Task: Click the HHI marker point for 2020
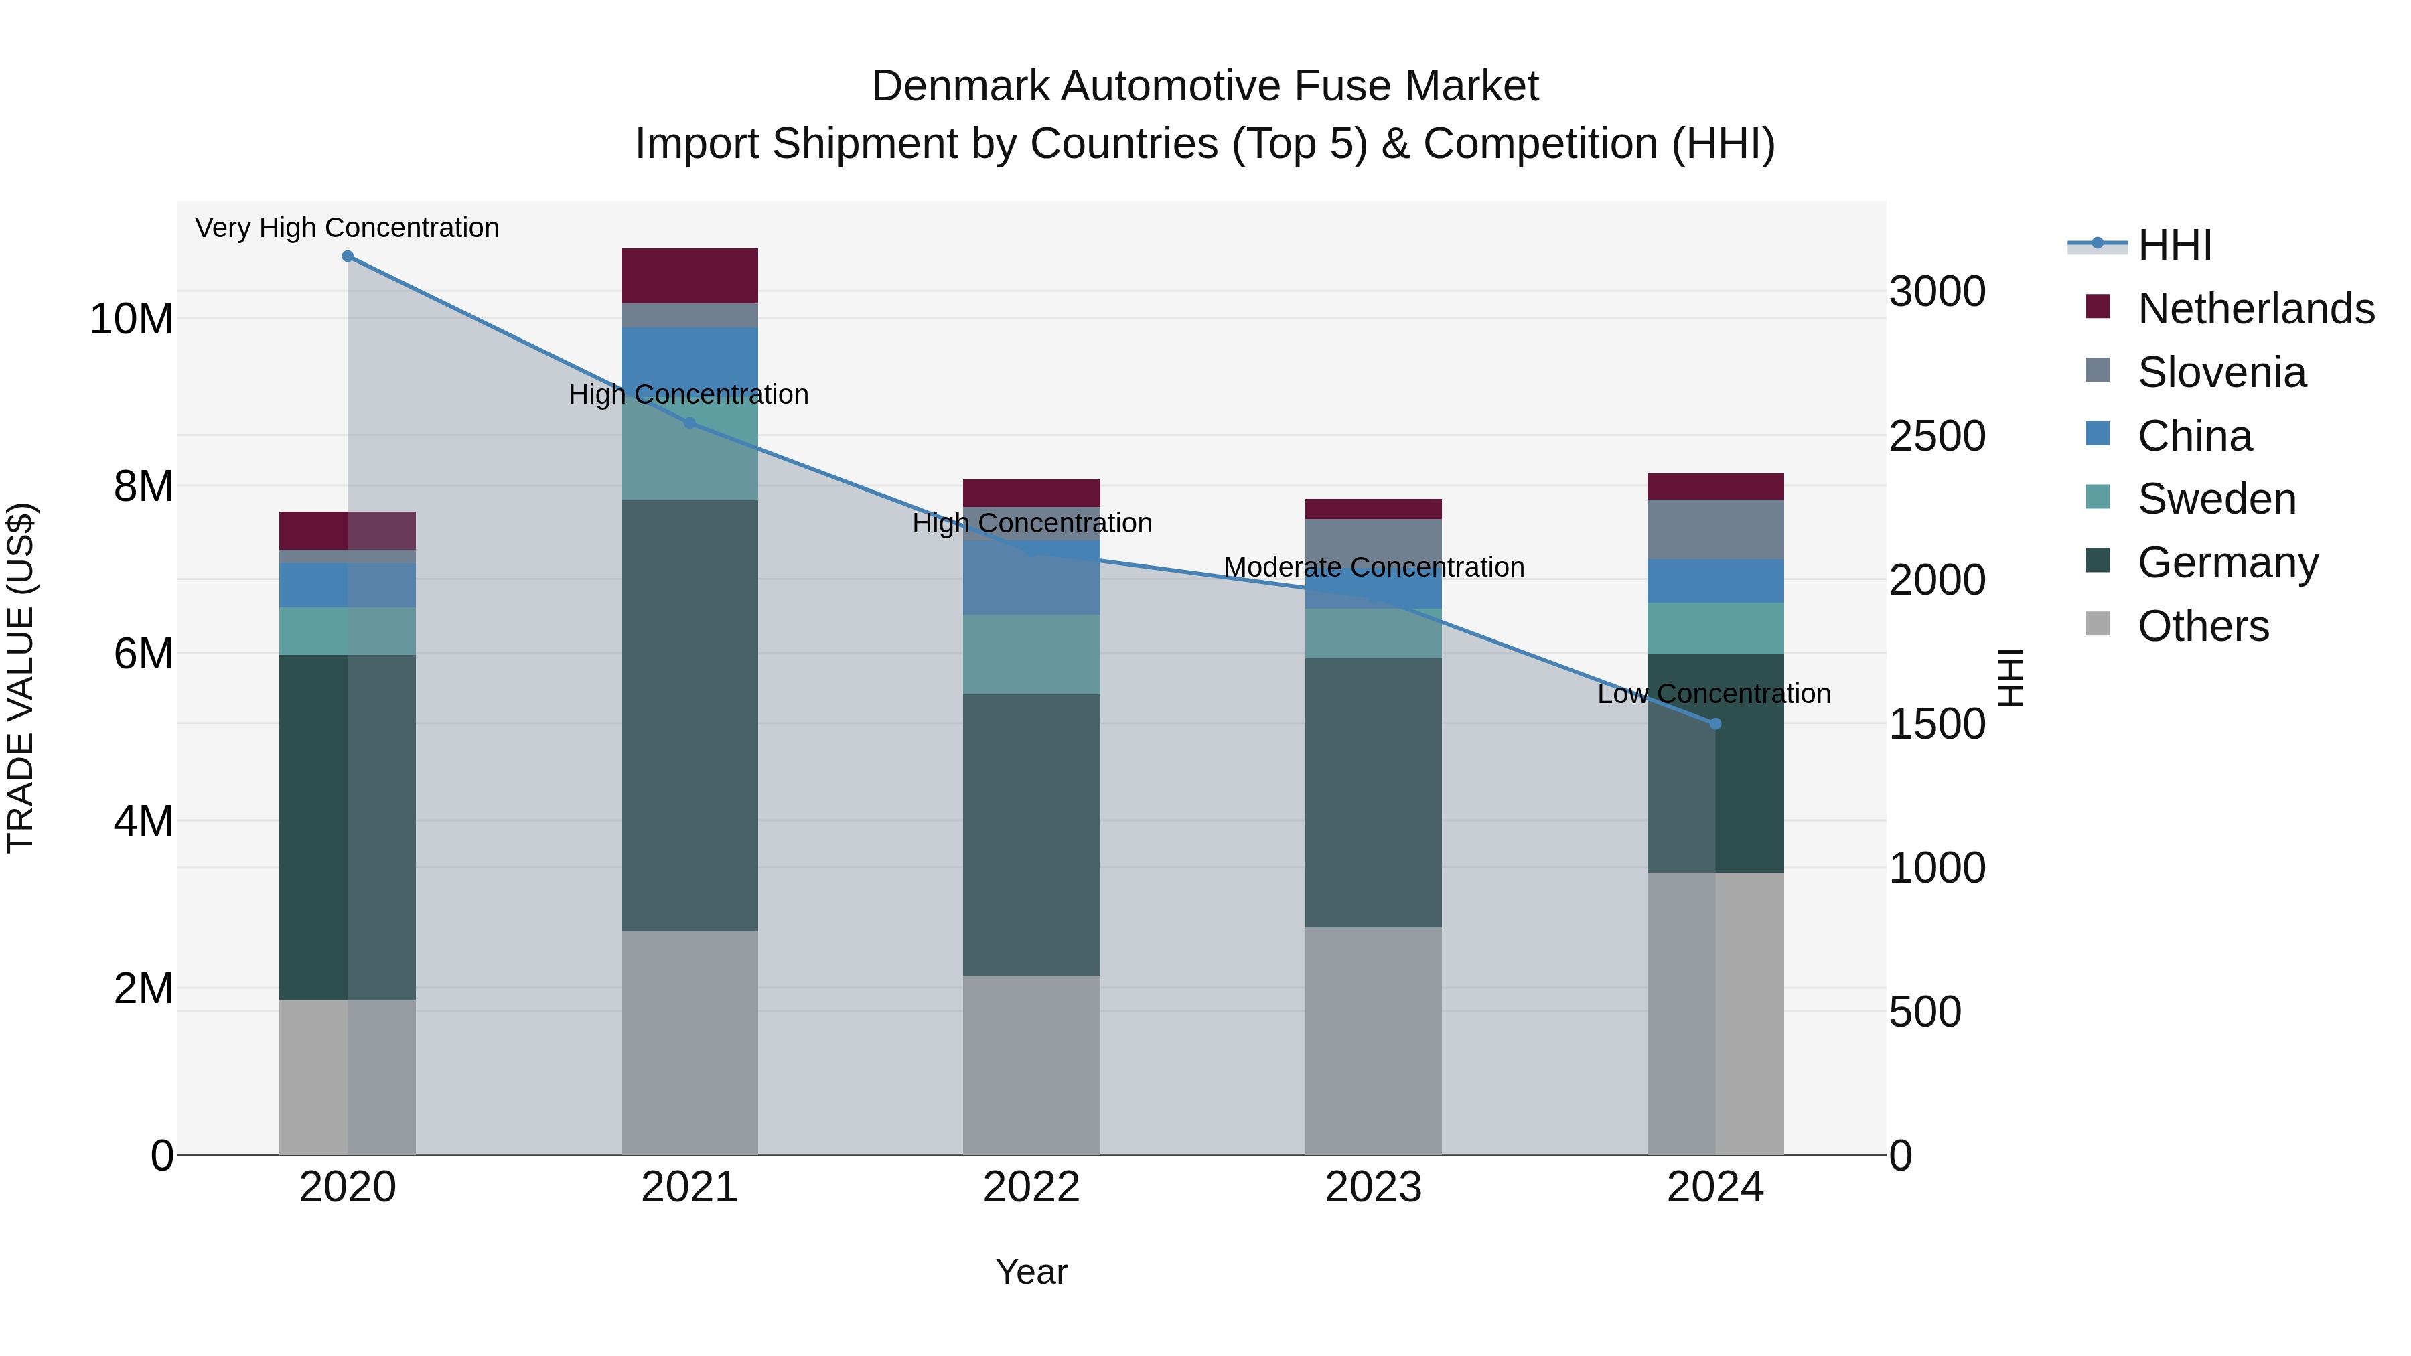(347, 256)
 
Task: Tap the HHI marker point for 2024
(1714, 723)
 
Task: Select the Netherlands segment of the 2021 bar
(689, 275)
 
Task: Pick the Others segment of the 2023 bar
(1373, 1041)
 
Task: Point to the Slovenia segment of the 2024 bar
(1714, 529)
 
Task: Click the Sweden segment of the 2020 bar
(347, 631)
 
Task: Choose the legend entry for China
(2194, 436)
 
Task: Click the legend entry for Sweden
(2215, 499)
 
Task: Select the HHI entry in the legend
(2173, 245)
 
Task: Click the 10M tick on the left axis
(131, 319)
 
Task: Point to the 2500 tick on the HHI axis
(1936, 436)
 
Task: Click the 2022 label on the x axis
(1031, 1187)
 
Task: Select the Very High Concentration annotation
(347, 228)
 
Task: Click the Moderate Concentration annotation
(1373, 567)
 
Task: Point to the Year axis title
(1031, 1272)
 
